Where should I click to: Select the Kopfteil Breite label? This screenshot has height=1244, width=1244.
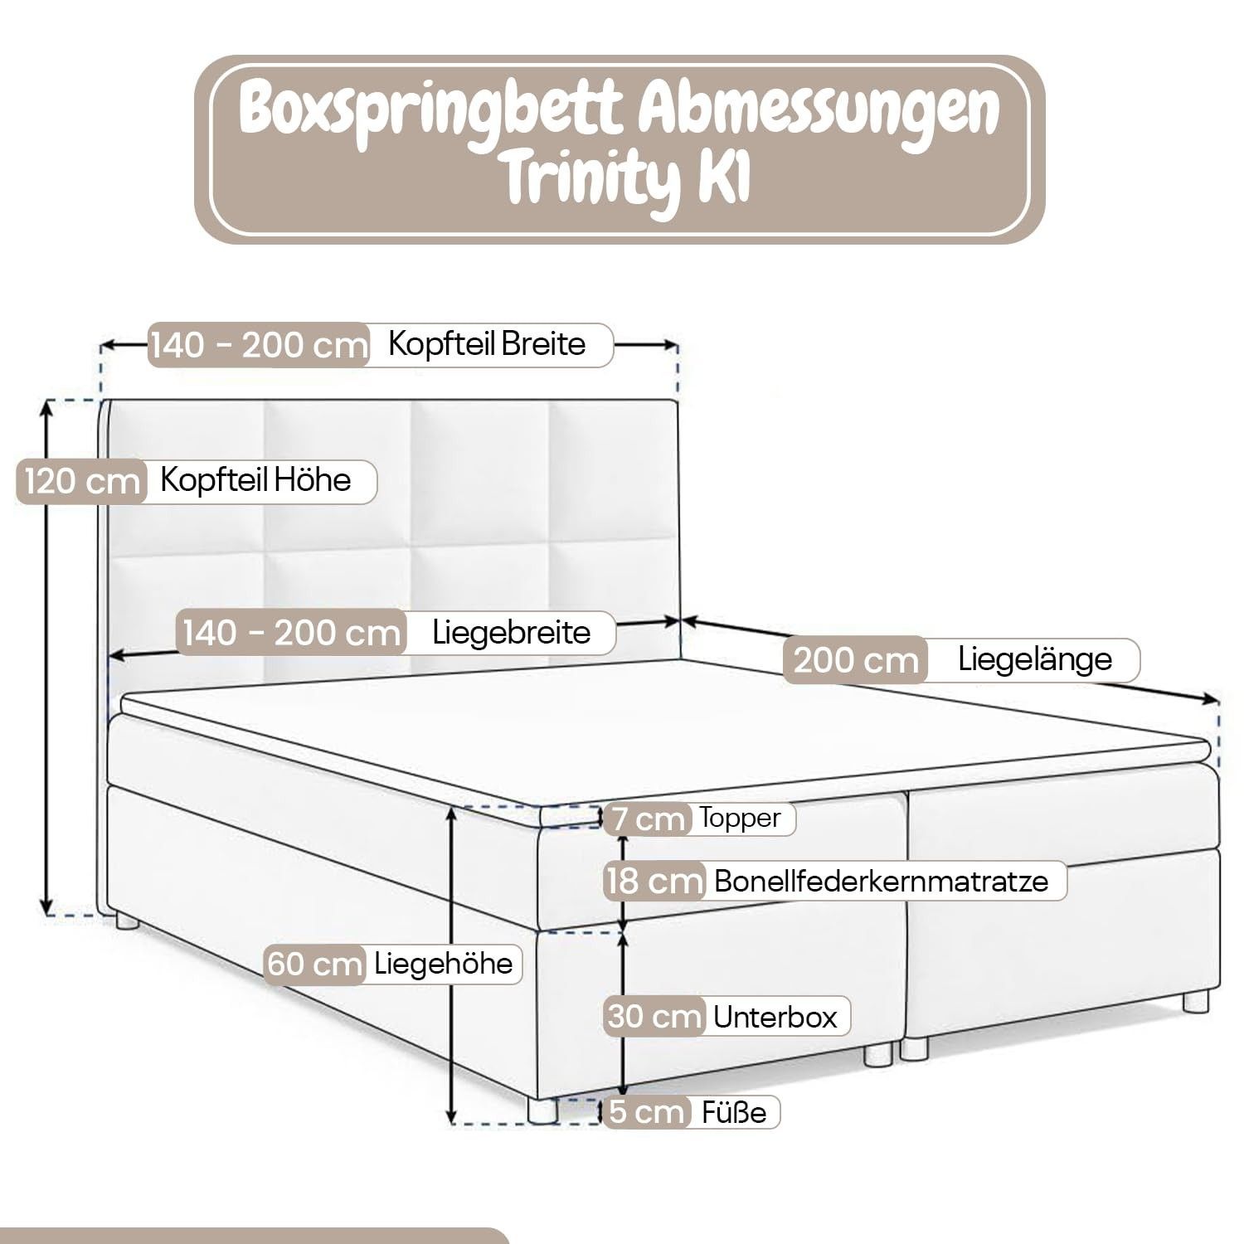(x=487, y=343)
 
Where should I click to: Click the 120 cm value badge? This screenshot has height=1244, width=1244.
(x=81, y=481)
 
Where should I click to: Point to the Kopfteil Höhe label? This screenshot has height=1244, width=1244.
(x=255, y=480)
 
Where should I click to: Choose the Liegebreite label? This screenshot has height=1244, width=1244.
(x=511, y=633)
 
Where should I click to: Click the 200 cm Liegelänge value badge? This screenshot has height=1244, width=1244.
(x=855, y=661)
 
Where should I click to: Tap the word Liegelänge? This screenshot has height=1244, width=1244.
(x=1034, y=660)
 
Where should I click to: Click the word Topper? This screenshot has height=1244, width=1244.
(x=740, y=819)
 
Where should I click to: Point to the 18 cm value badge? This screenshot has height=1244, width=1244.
(x=654, y=881)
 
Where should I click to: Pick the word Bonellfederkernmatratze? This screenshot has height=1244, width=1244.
(x=881, y=881)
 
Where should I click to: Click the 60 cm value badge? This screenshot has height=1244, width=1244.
(x=315, y=965)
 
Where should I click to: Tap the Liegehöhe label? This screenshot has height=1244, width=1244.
(x=443, y=964)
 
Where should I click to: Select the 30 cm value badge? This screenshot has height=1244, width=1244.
(x=654, y=1017)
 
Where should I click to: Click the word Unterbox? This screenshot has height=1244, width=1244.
(x=775, y=1017)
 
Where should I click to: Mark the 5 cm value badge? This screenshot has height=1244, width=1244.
(x=647, y=1112)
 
